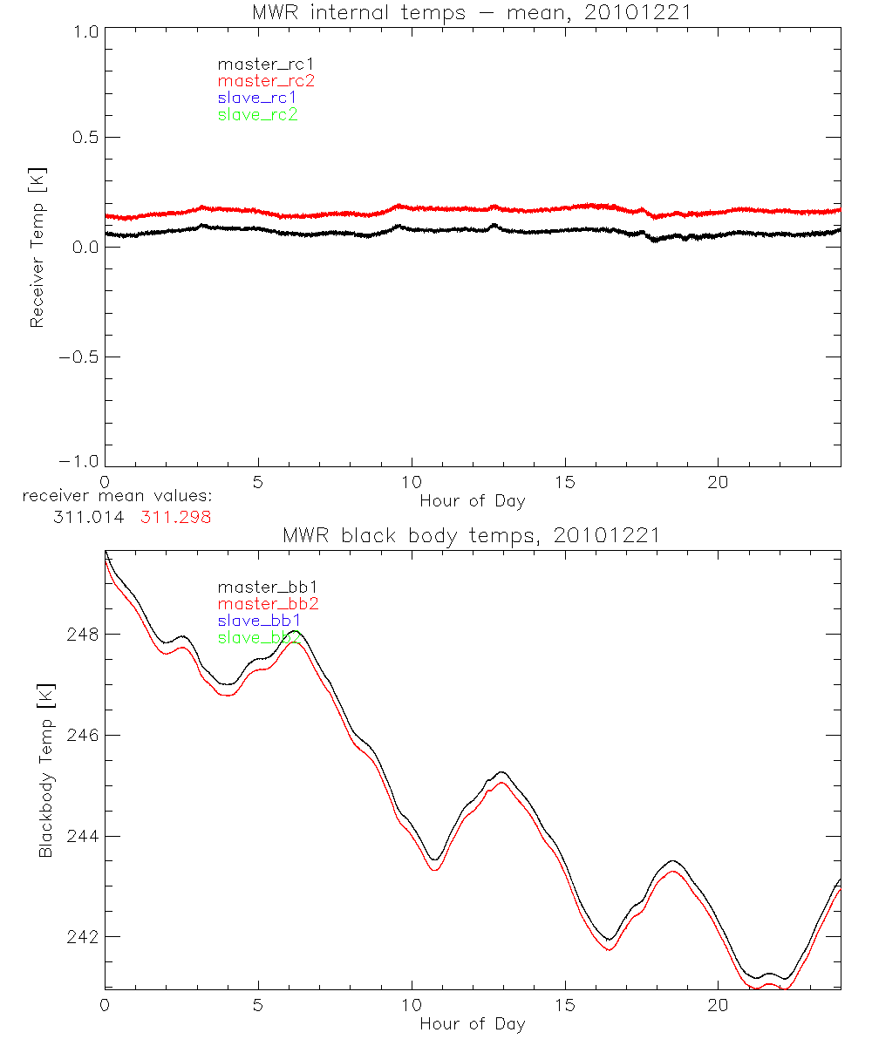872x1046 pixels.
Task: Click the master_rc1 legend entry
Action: pyautogui.click(x=257, y=64)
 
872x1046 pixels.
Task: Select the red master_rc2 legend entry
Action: pyautogui.click(x=266, y=81)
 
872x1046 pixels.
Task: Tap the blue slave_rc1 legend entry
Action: pyautogui.click(x=257, y=98)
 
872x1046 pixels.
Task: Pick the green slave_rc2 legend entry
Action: pyautogui.click(x=257, y=115)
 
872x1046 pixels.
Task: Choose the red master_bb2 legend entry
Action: pyautogui.click(x=268, y=604)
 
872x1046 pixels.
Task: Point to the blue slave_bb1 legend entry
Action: pyautogui.click(x=259, y=621)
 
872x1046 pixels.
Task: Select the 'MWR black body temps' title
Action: pyautogui.click(x=472, y=535)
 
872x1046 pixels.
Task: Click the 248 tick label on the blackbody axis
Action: pyautogui.click(x=81, y=634)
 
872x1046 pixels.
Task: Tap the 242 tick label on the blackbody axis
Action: pyautogui.click(x=81, y=937)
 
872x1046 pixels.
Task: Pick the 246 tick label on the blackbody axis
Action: pyautogui.click(x=81, y=735)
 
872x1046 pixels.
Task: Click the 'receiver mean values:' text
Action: pyautogui.click(x=118, y=497)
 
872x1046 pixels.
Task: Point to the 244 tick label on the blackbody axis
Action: pyautogui.click(x=81, y=836)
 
